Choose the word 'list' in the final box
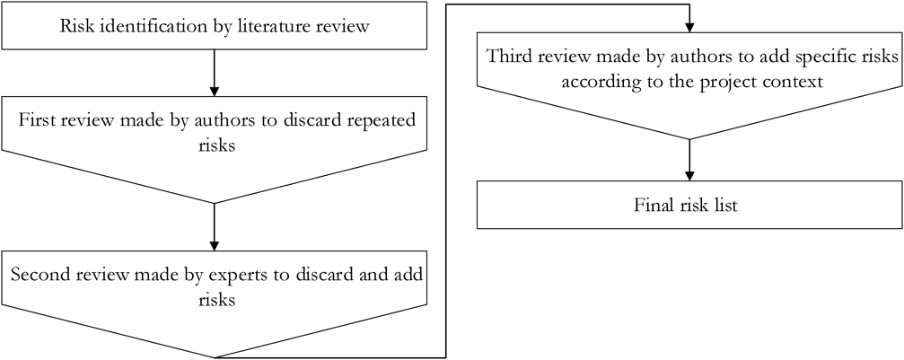pyautogui.click(x=724, y=206)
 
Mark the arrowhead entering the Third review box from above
pyautogui.click(x=689, y=24)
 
